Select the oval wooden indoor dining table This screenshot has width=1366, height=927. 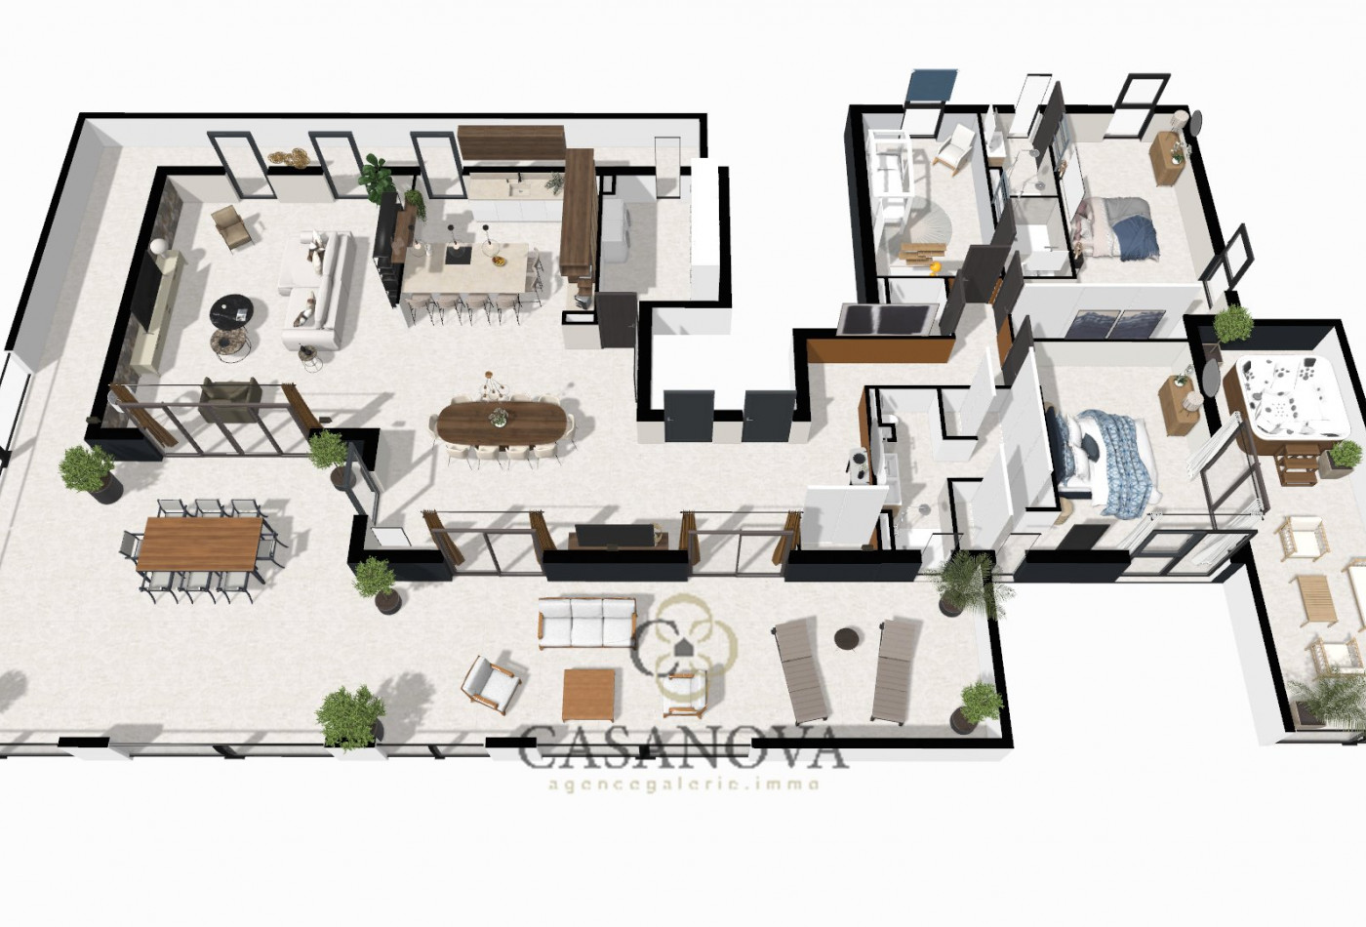(x=502, y=423)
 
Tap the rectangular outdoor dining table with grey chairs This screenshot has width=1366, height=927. (x=200, y=544)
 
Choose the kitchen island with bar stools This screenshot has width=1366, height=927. (x=465, y=272)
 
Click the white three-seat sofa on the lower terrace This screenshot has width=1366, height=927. (x=587, y=622)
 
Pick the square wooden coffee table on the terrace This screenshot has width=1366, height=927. (x=588, y=693)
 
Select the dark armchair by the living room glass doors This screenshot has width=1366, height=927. (x=230, y=399)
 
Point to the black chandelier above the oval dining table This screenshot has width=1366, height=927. (x=494, y=387)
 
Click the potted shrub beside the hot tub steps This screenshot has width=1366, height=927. (x=1345, y=455)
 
